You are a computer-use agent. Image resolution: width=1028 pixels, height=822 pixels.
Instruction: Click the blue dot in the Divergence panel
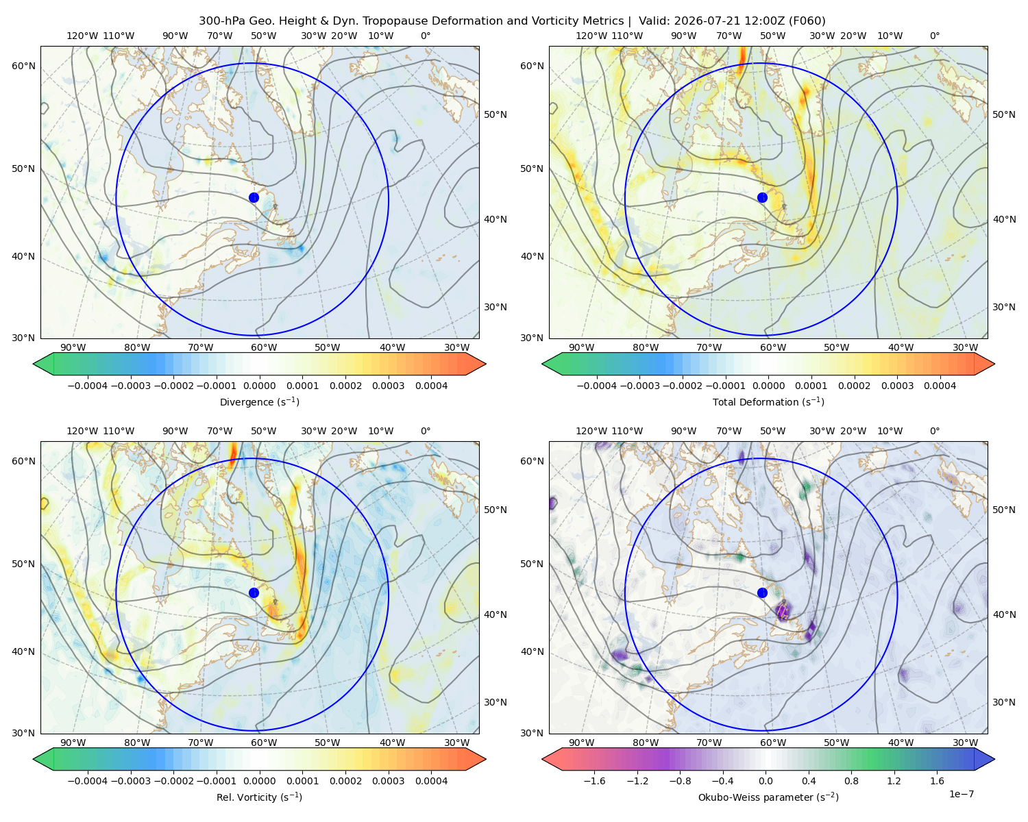click(x=254, y=197)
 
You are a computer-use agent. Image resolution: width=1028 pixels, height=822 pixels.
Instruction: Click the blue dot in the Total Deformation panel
click(x=762, y=197)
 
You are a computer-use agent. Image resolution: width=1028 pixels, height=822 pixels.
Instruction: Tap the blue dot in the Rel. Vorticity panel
click(x=254, y=593)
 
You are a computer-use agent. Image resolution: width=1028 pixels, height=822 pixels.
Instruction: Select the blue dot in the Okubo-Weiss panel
click(x=762, y=593)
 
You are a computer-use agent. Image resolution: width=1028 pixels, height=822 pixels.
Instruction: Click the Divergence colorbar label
click(x=259, y=401)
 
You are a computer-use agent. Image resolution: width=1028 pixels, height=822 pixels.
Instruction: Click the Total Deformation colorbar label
click(x=768, y=401)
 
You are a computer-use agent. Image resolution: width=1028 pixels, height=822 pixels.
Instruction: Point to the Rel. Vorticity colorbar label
click(x=259, y=797)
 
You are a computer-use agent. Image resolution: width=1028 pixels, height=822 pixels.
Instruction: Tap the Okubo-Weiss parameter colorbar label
click(x=768, y=797)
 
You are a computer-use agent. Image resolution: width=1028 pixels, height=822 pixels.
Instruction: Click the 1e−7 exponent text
click(x=961, y=794)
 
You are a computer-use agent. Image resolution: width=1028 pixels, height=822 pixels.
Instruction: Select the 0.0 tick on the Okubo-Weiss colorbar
click(x=766, y=780)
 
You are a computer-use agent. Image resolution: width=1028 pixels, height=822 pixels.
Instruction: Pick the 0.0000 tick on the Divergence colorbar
click(x=259, y=386)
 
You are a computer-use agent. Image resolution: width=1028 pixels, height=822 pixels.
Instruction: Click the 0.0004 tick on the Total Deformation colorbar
click(x=940, y=386)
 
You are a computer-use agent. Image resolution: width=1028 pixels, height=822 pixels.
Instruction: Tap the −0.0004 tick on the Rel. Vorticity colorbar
click(x=88, y=780)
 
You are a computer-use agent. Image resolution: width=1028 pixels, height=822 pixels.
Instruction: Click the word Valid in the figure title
click(x=650, y=21)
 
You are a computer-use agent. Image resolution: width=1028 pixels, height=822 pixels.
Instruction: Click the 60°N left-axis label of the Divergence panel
click(x=23, y=66)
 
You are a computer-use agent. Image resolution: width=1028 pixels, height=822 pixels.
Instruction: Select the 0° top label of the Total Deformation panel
click(x=934, y=36)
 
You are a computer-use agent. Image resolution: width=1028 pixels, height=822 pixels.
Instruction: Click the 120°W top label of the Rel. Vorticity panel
click(x=82, y=431)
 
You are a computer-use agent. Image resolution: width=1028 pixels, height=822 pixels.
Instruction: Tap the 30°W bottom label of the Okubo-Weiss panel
click(x=965, y=743)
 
